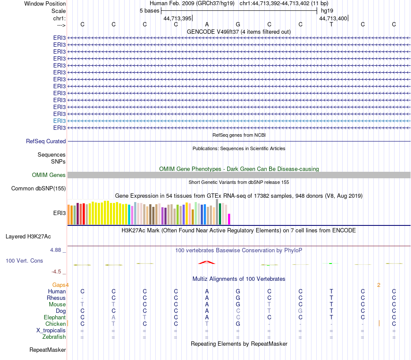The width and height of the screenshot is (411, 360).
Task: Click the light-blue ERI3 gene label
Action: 59,121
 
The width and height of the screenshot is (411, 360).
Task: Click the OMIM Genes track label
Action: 49,175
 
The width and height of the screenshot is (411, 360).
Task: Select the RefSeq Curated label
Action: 46,141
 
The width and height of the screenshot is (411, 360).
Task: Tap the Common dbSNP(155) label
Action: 39,189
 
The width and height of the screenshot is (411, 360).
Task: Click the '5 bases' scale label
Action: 149,11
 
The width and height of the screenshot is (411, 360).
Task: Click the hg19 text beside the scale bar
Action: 327,11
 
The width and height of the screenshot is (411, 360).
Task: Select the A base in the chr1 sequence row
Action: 207,24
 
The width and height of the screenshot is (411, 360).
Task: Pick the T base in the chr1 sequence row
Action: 331,24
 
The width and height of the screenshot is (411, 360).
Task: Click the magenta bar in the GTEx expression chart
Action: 229,219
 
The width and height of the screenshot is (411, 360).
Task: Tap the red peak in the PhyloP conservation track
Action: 207,262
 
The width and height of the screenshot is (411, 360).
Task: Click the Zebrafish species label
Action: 54,337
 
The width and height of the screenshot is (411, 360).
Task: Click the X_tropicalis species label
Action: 51,330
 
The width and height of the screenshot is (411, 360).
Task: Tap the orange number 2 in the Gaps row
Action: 379,285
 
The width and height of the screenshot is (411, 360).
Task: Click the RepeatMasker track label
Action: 48,350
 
